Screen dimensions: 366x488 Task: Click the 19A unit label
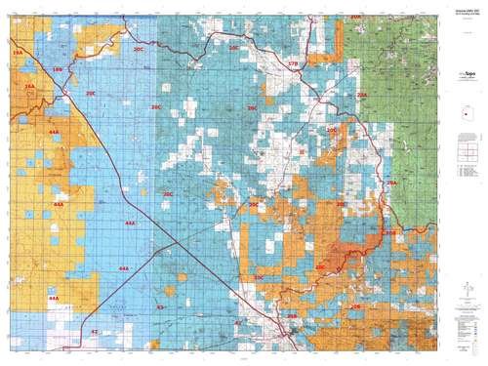18,50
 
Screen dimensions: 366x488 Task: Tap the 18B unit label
57,70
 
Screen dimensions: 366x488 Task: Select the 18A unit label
29,87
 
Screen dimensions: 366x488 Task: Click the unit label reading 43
160,306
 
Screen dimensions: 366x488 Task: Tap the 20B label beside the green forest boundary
390,233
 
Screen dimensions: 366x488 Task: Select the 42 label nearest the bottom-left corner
94,332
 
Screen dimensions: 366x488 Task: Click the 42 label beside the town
237,321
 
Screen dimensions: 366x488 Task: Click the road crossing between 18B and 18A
62,88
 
